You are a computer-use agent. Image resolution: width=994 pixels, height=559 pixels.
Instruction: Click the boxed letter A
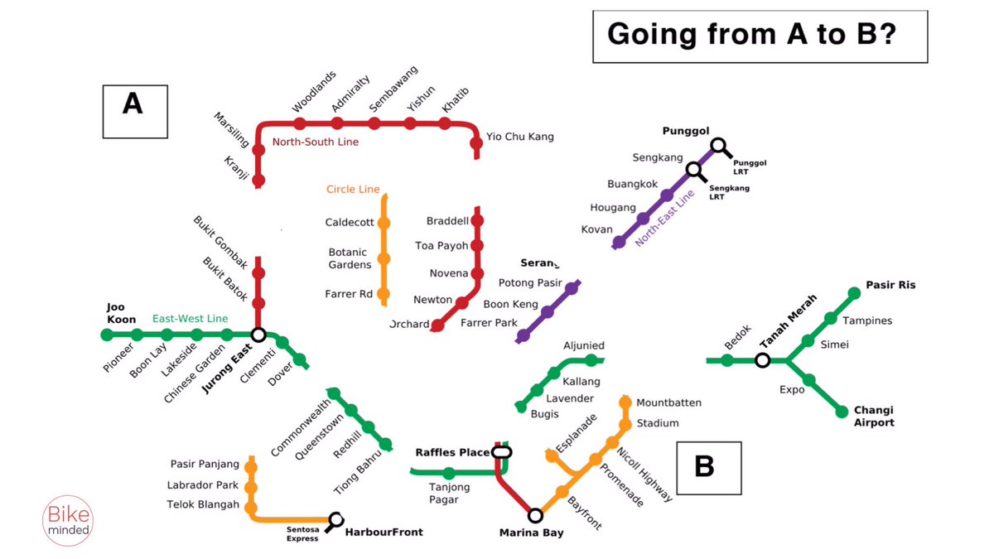click(134, 111)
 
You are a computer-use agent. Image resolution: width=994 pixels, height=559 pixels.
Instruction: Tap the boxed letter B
click(708, 467)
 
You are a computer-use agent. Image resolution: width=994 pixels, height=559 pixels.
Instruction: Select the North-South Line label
click(316, 142)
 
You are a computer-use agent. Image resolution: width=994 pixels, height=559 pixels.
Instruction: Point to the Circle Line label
click(353, 190)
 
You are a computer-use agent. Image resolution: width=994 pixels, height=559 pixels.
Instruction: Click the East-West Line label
click(191, 319)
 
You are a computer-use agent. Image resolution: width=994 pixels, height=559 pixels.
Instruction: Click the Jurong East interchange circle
click(258, 335)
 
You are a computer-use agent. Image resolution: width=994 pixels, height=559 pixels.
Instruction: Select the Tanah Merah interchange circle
click(762, 360)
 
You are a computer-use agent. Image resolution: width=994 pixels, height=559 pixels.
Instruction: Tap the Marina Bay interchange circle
click(535, 515)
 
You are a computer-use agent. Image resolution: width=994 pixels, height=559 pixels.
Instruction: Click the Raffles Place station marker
click(501, 452)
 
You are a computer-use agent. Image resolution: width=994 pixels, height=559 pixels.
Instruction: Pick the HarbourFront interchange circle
click(335, 519)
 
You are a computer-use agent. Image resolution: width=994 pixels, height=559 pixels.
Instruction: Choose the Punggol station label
click(687, 131)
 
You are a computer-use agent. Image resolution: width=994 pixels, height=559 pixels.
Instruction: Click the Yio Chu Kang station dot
click(476, 143)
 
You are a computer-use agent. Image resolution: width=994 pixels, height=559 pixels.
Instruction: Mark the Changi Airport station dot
click(843, 412)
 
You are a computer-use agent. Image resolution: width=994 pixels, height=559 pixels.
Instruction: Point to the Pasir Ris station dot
click(855, 292)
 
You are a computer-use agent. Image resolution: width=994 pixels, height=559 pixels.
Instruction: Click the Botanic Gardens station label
click(350, 258)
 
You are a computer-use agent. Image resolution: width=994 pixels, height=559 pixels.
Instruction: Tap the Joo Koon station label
click(121, 312)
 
